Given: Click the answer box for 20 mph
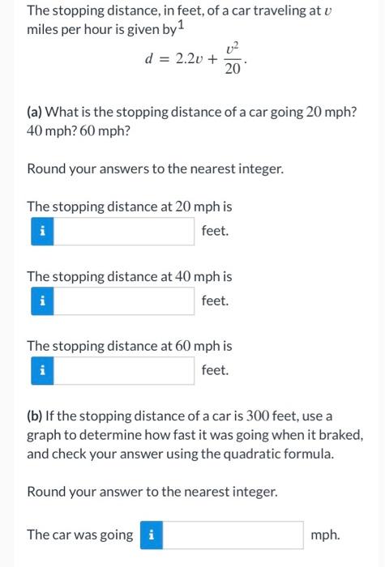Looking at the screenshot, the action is [126, 232].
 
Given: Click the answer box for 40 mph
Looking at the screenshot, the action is [126, 301].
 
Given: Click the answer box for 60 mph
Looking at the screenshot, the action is [126, 371].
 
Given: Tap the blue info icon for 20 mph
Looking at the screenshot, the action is [41, 232].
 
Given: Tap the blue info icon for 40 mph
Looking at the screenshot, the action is [41, 301].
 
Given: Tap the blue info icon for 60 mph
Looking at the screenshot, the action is [41, 371].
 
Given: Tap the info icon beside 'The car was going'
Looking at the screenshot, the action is [152, 535].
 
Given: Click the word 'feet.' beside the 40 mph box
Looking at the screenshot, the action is [216, 301].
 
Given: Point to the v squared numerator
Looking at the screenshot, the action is [232, 49].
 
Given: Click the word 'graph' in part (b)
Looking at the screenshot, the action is [45, 435].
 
